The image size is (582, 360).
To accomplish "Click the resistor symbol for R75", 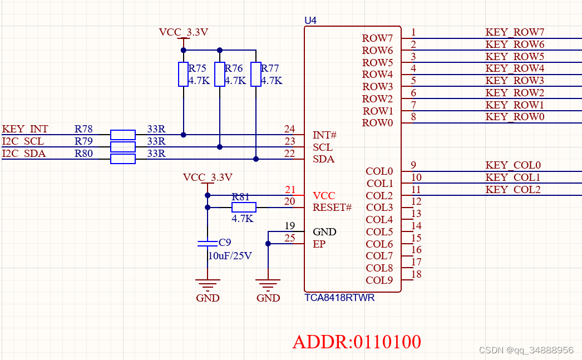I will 183,75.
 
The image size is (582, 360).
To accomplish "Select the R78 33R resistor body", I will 122,135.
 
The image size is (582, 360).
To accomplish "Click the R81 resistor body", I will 244,208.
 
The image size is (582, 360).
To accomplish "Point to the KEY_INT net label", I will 25,130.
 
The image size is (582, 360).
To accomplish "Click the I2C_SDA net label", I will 24,154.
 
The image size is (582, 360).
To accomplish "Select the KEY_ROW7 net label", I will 515,32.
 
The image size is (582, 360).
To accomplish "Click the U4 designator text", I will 310,21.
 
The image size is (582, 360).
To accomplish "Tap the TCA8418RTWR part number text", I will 339,298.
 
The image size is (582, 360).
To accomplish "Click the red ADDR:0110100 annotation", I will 357,341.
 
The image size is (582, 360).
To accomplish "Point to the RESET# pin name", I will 332,208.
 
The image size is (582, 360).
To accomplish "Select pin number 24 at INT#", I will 289,130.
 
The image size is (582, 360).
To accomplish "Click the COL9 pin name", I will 379,280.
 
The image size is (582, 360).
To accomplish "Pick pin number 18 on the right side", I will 416,274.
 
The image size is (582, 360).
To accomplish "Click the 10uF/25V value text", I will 230,256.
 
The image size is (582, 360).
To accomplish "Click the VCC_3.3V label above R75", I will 184,32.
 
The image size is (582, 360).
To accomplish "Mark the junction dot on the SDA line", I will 256,159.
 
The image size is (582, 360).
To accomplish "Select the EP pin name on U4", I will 319,244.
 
